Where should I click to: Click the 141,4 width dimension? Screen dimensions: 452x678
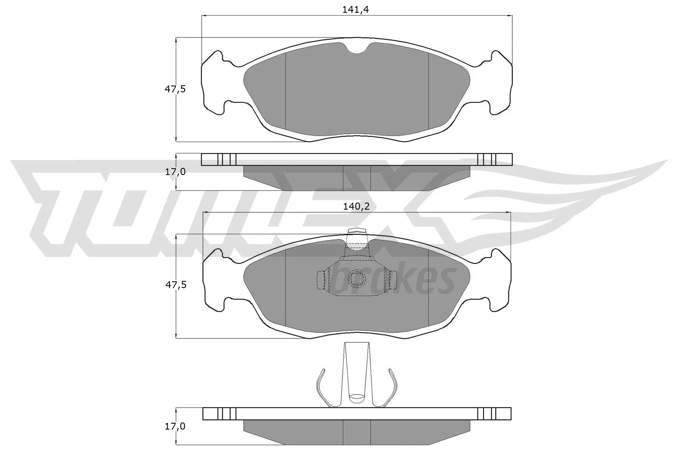point(356,10)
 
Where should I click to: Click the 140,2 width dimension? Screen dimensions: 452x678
point(356,206)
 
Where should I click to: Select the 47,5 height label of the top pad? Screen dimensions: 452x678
point(175,89)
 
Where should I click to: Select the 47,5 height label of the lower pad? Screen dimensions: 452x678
point(175,285)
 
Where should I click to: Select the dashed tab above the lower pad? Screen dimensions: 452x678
point(356,237)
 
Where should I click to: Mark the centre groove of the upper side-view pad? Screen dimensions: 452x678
point(356,177)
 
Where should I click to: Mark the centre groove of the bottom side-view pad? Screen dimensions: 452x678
point(356,432)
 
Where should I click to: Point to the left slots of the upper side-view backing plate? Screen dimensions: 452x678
point(226,159)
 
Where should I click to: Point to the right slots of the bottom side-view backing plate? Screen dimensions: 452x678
point(486,413)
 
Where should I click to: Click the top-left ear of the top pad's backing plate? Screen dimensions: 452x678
point(216,59)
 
